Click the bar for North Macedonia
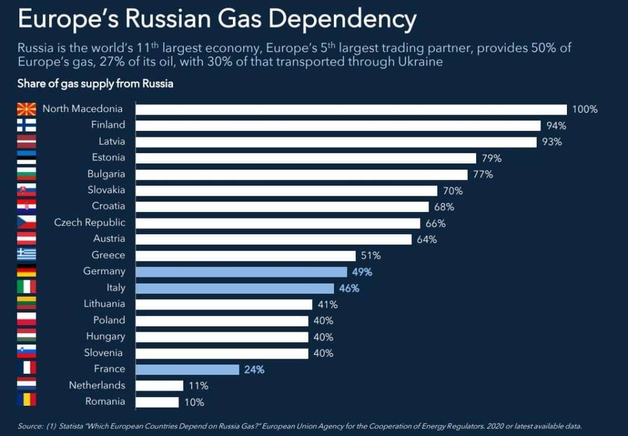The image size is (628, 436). click(x=351, y=110)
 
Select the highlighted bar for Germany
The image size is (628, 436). click(x=241, y=272)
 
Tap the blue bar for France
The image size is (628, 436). click(x=187, y=369)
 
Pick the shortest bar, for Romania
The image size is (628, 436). click(x=157, y=402)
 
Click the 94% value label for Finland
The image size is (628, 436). click(x=555, y=126)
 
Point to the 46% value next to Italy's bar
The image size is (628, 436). click(x=349, y=288)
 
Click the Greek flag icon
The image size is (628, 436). click(x=27, y=254)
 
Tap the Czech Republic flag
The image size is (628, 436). click(x=27, y=222)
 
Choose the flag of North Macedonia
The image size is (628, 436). click(x=27, y=110)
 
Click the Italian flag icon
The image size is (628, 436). click(x=27, y=287)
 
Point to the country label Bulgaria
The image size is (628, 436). click(x=106, y=174)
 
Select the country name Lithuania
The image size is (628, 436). click(x=104, y=304)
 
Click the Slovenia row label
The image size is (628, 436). click(x=106, y=352)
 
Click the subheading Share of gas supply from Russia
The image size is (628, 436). click(x=95, y=84)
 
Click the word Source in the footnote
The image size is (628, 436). click(x=30, y=426)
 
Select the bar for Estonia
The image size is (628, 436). click(x=306, y=158)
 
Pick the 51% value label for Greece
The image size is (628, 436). click(x=371, y=256)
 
